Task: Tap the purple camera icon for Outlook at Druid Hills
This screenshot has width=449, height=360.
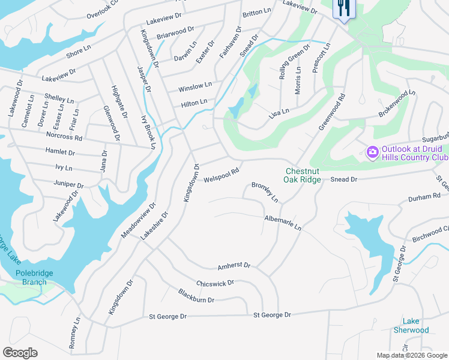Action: click(372, 152)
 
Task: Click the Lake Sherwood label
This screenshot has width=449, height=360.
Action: click(411, 326)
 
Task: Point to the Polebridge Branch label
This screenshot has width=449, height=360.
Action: click(30, 277)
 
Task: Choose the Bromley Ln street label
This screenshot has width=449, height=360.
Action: click(265, 191)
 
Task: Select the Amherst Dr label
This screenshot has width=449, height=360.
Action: click(234, 265)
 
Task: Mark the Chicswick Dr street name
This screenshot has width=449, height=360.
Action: click(215, 283)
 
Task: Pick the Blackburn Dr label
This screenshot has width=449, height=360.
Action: click(196, 295)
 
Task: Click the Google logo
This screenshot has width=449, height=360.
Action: click(20, 353)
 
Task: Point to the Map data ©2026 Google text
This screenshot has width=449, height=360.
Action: click(411, 355)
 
